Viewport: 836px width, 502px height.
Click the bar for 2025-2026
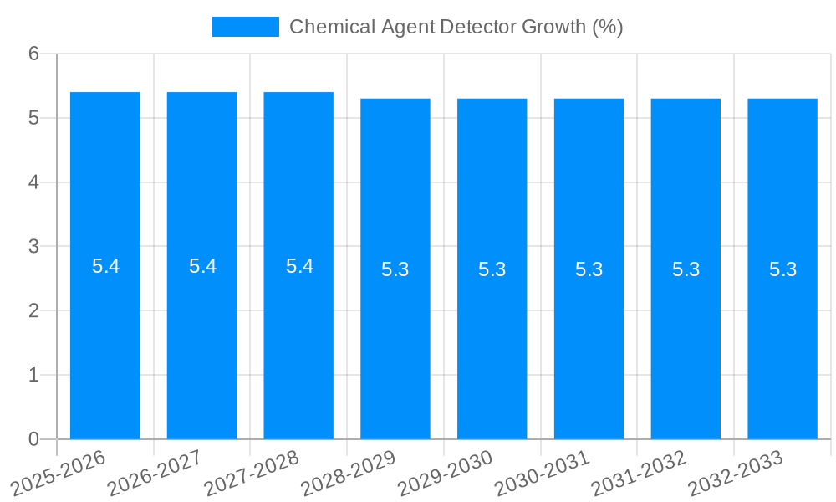[104, 335]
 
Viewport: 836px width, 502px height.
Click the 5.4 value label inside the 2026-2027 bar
[202, 266]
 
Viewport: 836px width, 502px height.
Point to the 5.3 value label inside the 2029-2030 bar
[492, 269]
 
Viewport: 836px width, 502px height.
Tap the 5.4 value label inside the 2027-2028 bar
[299, 266]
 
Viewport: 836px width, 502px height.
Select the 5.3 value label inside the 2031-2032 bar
[686, 269]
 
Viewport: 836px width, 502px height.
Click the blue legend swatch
[245, 27]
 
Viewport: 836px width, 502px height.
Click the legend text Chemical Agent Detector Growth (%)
[456, 27]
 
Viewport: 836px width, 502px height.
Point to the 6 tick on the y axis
[34, 54]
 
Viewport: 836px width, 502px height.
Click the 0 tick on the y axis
[34, 439]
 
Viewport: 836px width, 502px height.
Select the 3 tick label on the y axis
[34, 247]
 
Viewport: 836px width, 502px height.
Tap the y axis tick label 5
[34, 118]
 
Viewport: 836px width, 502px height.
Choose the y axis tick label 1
[34, 375]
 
